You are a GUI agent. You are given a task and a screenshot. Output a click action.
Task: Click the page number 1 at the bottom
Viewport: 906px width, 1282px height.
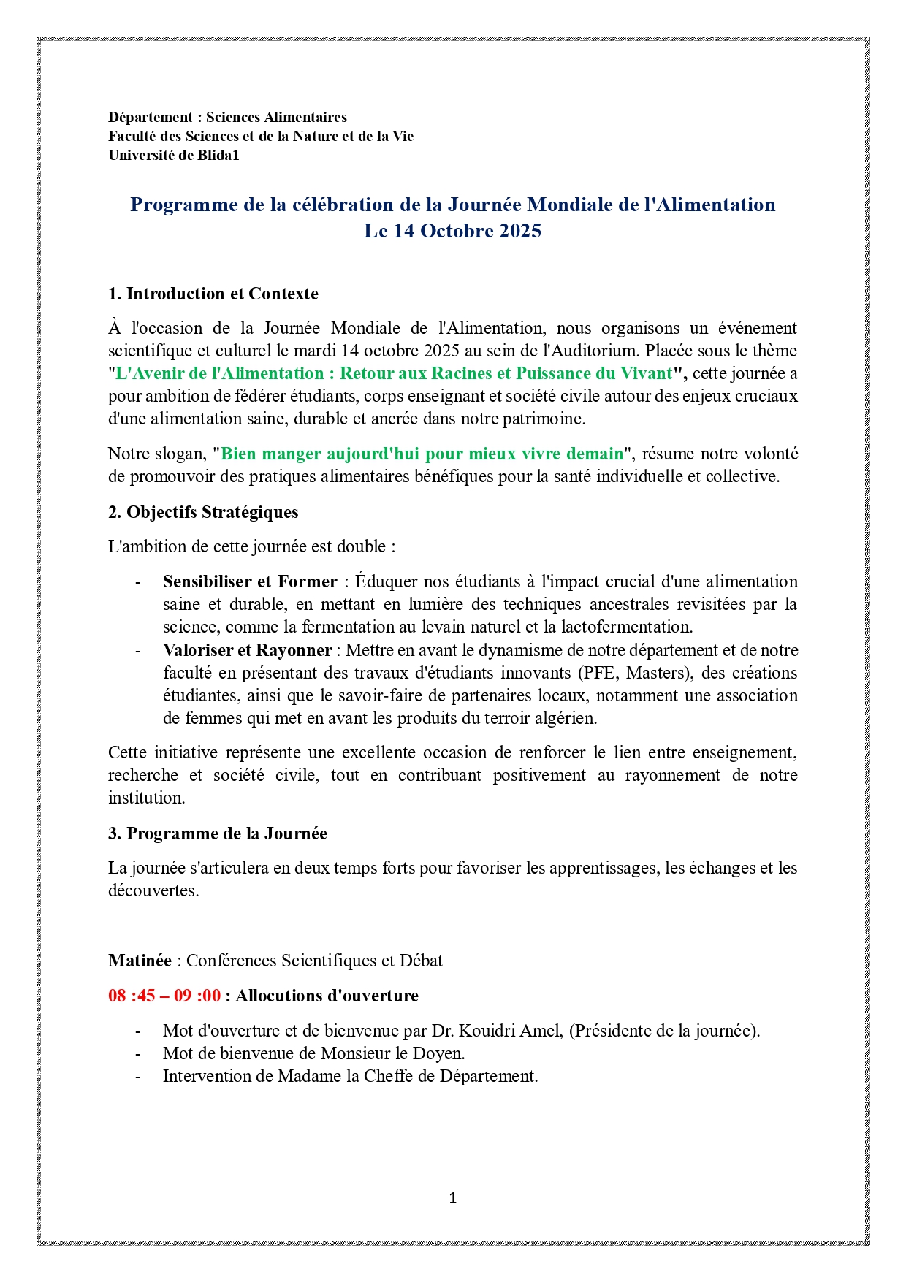(x=453, y=1198)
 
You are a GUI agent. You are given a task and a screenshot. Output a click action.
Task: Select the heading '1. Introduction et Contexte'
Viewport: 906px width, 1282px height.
(x=213, y=294)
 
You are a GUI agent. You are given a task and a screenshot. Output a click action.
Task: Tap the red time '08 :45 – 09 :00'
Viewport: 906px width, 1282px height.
(x=164, y=996)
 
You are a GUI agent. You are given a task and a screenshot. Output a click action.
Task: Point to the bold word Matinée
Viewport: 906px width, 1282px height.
(x=140, y=961)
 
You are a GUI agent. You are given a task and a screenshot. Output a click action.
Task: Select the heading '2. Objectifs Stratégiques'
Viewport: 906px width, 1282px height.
(x=203, y=512)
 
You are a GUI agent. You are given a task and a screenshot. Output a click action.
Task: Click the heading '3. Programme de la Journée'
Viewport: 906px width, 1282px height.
(x=218, y=833)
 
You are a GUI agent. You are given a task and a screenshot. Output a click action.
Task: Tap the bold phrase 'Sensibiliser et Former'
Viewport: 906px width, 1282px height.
(x=250, y=581)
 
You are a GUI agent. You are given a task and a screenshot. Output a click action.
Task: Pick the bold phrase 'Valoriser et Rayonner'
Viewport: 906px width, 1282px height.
(x=247, y=650)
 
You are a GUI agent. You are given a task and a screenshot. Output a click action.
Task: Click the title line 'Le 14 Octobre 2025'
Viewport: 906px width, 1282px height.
(x=453, y=231)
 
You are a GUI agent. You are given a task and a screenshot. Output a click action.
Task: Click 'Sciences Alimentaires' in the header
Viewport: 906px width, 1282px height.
(x=276, y=117)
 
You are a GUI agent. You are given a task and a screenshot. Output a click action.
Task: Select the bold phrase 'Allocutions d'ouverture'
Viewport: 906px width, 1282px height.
(x=327, y=996)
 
